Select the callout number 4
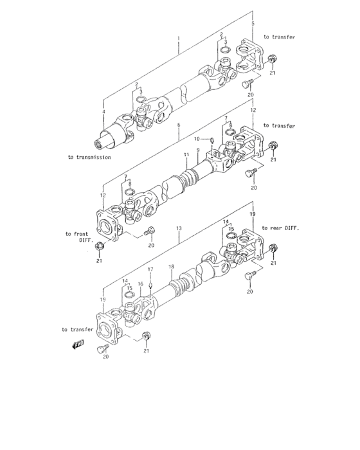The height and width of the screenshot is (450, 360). pos(103,112)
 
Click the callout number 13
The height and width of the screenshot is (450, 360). pos(179,228)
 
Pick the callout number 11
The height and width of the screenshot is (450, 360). pos(185,155)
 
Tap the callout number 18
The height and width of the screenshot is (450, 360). pos(171,266)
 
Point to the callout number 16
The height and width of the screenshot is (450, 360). pos(140,283)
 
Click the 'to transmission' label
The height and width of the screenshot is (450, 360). pos(89,157)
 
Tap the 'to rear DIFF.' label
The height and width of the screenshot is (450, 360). pos(282,229)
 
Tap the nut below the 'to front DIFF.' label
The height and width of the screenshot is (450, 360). pos(99,246)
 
